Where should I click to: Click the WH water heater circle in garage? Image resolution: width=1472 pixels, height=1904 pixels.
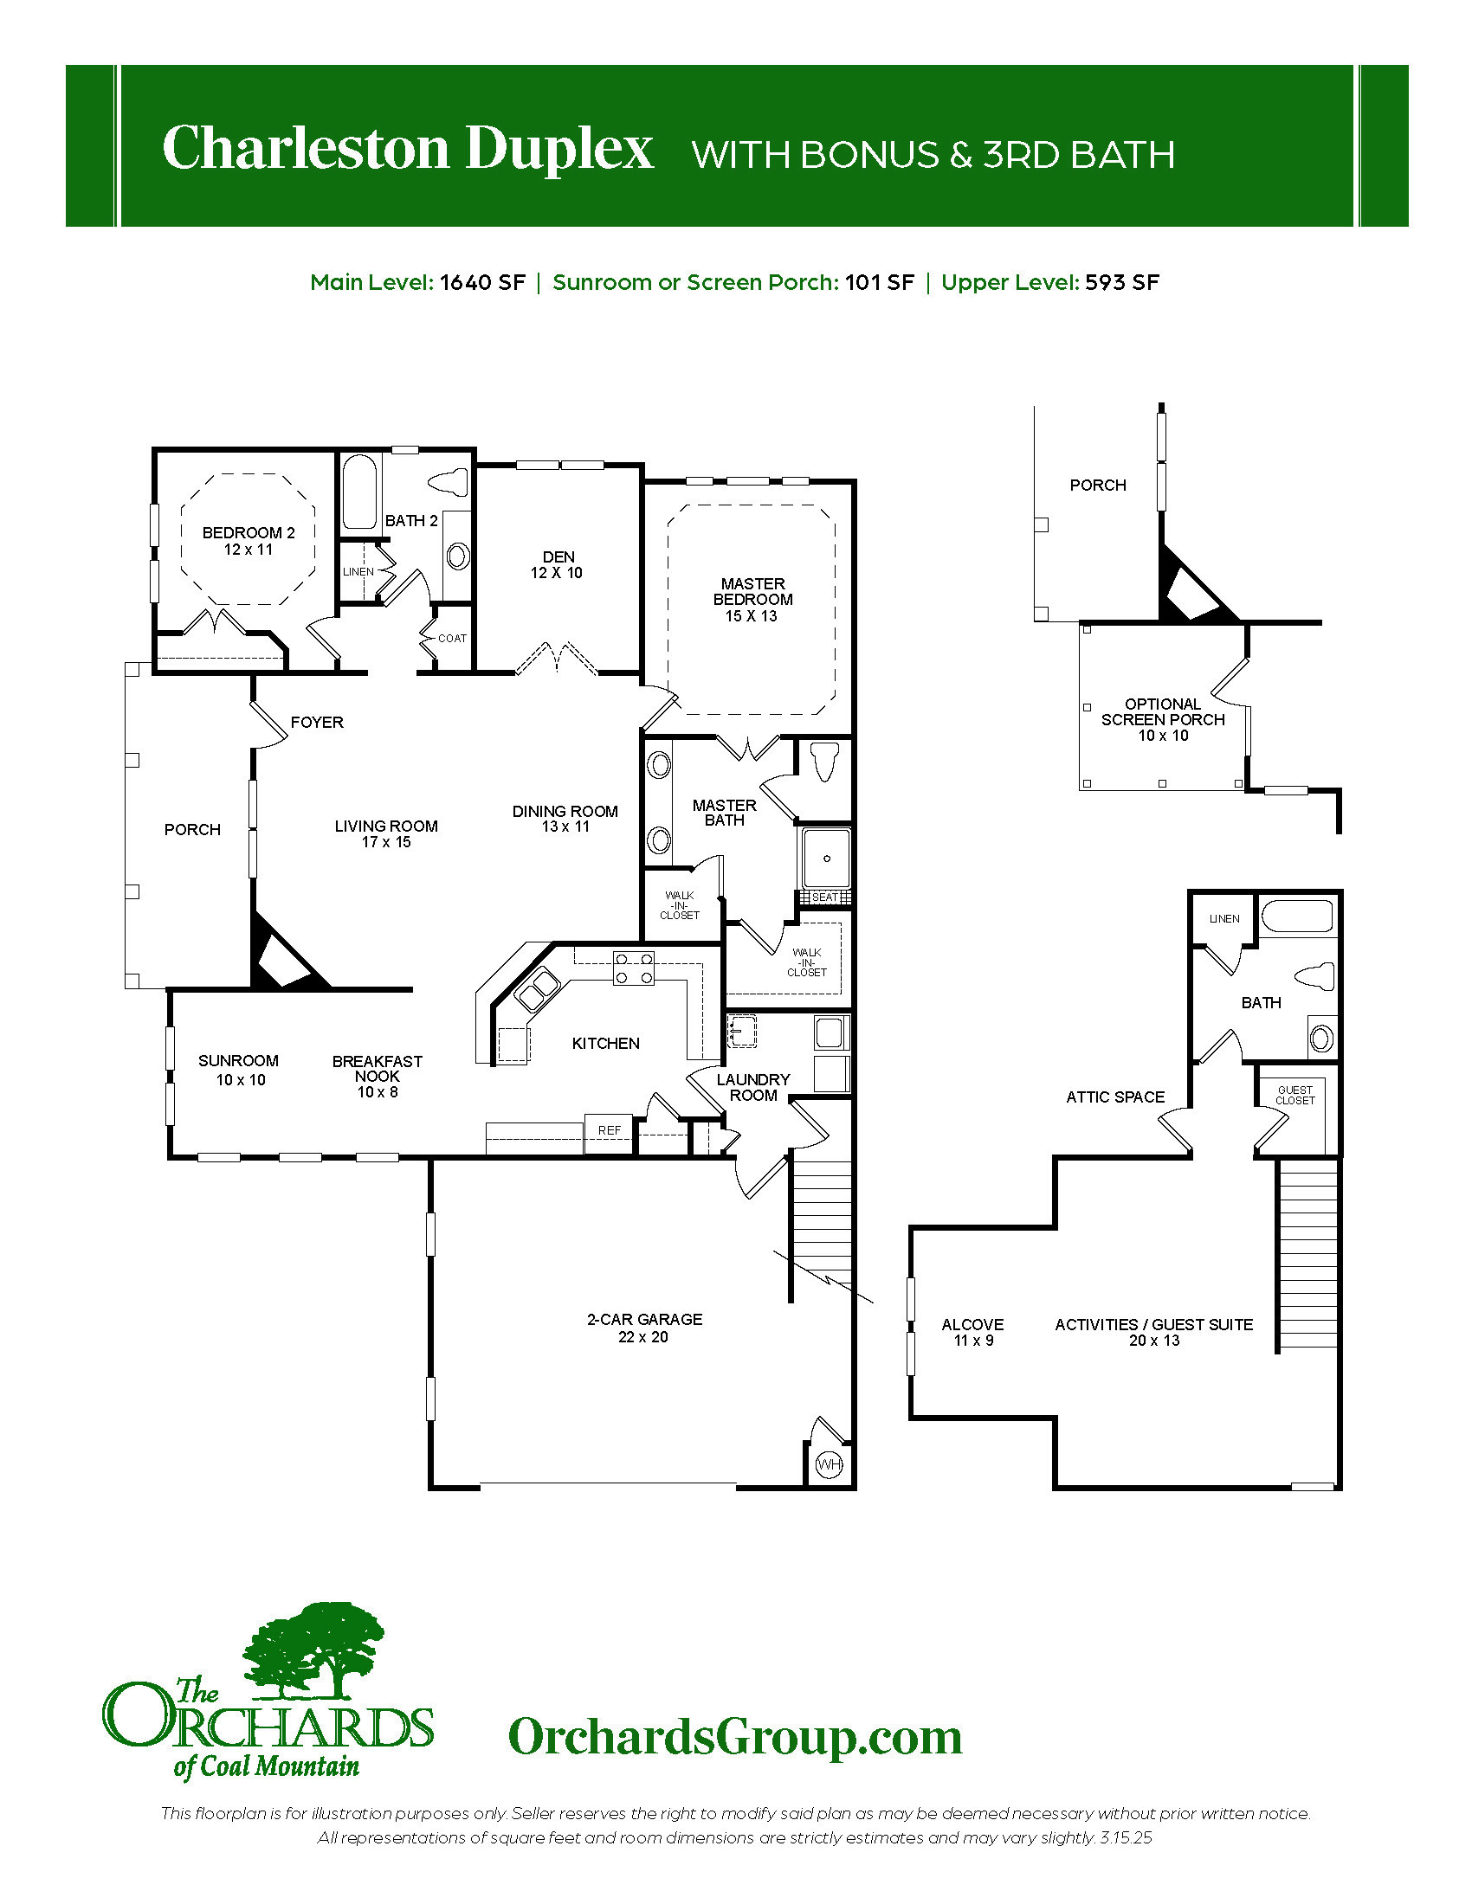click(x=829, y=1464)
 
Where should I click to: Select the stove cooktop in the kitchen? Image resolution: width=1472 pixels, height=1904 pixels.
click(x=634, y=968)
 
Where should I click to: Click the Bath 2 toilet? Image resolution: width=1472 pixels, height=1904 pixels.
click(x=450, y=480)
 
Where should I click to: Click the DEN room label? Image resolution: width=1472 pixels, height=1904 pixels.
click(x=558, y=556)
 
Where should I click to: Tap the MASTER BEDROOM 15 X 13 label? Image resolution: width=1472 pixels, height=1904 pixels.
click(x=752, y=600)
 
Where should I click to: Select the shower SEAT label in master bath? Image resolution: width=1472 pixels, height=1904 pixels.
click(x=824, y=897)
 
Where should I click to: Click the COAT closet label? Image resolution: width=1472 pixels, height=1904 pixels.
click(x=452, y=638)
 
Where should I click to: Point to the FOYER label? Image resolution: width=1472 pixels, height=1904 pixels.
click(x=317, y=722)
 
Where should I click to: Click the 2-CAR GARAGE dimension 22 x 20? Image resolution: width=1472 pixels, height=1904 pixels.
click(x=643, y=1337)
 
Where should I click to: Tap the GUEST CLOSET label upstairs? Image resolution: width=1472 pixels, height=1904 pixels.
click(x=1295, y=1096)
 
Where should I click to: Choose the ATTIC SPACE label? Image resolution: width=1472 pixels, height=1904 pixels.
click(x=1115, y=1097)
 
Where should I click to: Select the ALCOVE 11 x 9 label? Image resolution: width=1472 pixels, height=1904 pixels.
click(x=972, y=1332)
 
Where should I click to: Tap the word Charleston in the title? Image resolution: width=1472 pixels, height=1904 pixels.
click(x=305, y=147)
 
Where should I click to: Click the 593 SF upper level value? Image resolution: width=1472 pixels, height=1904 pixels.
click(x=1122, y=282)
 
